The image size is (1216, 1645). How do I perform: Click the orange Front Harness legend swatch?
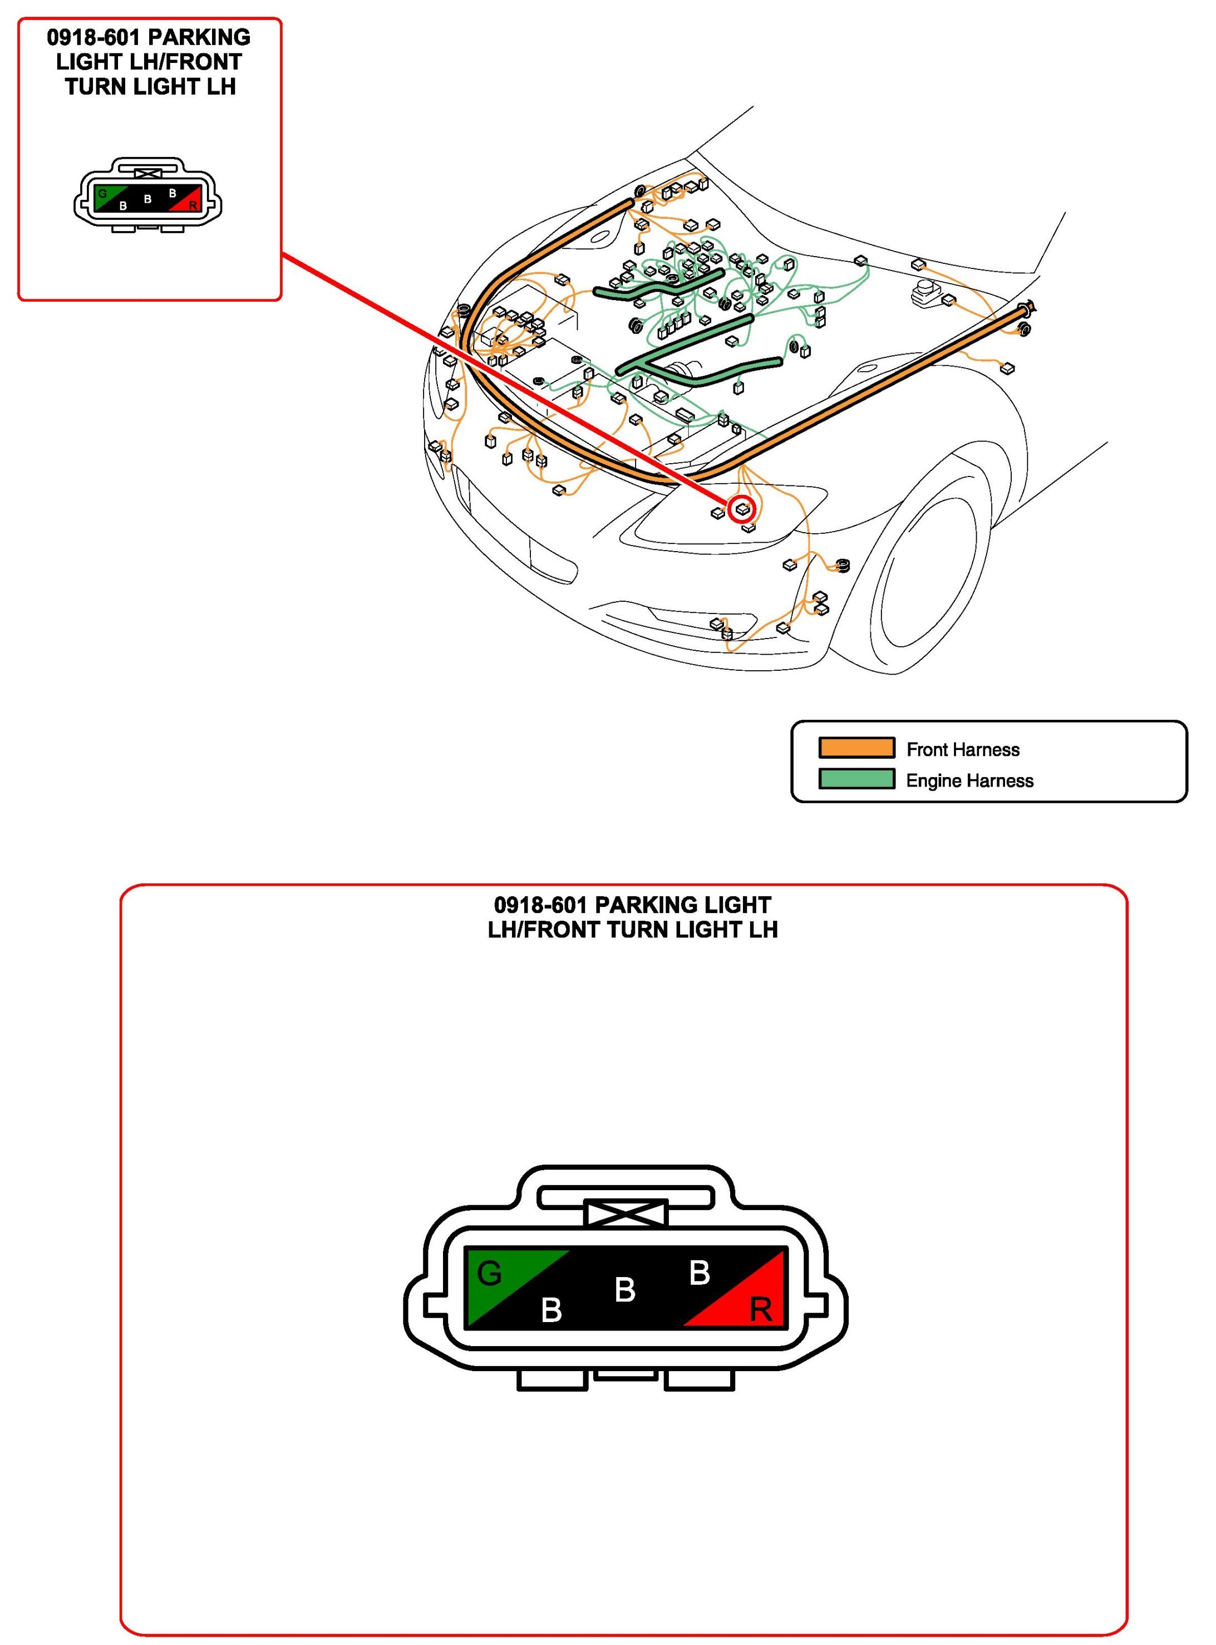tap(857, 748)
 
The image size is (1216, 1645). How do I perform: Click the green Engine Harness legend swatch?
tap(857, 779)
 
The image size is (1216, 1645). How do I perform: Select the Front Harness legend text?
tap(963, 750)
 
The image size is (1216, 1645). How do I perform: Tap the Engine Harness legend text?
tap(969, 780)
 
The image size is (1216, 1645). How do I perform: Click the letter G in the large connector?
tap(490, 1273)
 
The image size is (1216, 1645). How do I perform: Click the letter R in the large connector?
tap(760, 1310)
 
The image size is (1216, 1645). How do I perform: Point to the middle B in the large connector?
tap(625, 1289)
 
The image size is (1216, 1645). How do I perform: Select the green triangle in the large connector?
tap(500, 1278)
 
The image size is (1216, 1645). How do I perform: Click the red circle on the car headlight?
tap(742, 508)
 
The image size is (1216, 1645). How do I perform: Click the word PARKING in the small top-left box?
tap(199, 37)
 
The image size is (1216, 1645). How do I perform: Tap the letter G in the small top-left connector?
tap(102, 194)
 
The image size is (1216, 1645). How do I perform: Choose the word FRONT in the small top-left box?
tap(209, 62)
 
